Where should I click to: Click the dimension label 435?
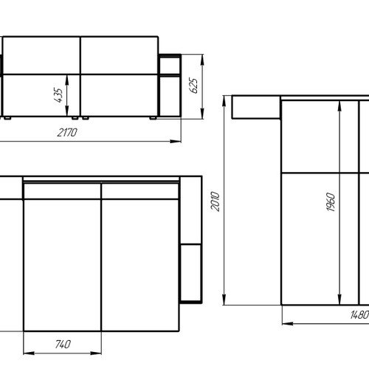58,95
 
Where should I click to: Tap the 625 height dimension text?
193,86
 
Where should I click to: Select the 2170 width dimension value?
67,133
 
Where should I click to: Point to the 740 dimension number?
63,344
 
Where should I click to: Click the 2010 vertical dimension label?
215,201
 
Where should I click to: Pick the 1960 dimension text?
331,202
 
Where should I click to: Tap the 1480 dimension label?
359,314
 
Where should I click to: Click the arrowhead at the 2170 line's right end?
176,142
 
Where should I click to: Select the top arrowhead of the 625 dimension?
202,60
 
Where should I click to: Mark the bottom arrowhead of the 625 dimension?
202,114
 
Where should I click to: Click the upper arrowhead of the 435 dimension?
67,80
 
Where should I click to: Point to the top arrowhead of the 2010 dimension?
224,101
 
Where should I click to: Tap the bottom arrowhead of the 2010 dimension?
224,300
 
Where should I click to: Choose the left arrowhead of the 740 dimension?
29,354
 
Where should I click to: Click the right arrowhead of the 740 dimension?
96,354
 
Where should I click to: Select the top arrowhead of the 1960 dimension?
339,106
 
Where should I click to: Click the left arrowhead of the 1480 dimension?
288,323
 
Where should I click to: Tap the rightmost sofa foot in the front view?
153,118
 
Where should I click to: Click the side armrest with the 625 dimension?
170,86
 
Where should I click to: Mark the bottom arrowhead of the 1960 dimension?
339,299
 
